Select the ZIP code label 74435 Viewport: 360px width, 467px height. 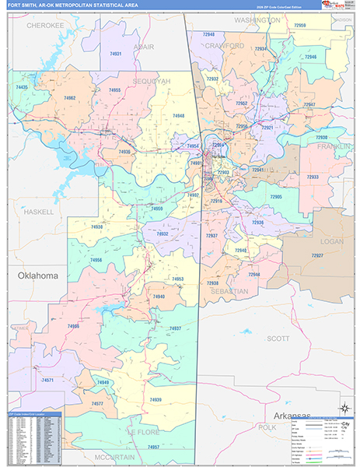click(x=22, y=88)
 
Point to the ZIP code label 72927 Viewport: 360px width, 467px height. click(x=316, y=255)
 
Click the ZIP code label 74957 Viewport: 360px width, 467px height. click(x=153, y=448)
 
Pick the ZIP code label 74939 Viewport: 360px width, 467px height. click(x=156, y=399)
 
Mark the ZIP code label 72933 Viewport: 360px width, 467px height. click(x=313, y=177)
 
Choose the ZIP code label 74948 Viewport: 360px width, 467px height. click(x=178, y=116)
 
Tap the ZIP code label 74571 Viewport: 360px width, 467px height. click(x=47, y=380)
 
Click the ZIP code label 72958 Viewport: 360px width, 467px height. click(x=299, y=26)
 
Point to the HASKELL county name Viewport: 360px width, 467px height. click(x=38, y=211)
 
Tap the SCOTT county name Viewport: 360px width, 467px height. click(x=278, y=339)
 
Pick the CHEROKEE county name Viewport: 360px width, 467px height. click(x=44, y=25)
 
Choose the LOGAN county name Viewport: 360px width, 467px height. click(x=331, y=242)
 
